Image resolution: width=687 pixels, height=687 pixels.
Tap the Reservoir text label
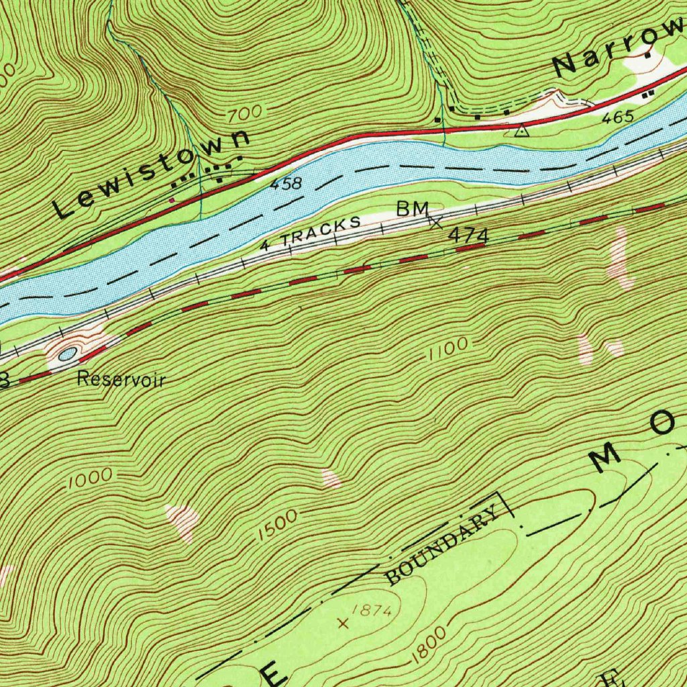121,379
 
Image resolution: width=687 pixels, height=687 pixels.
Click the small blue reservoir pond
68,354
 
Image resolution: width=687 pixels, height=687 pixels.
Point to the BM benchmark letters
412,209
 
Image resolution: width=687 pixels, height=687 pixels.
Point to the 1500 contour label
276,526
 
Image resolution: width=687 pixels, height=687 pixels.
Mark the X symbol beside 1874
344,623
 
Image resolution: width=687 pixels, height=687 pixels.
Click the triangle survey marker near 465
521,131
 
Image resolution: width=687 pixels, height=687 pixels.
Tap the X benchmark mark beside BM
435,222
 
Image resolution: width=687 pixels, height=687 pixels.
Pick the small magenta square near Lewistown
172,199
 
